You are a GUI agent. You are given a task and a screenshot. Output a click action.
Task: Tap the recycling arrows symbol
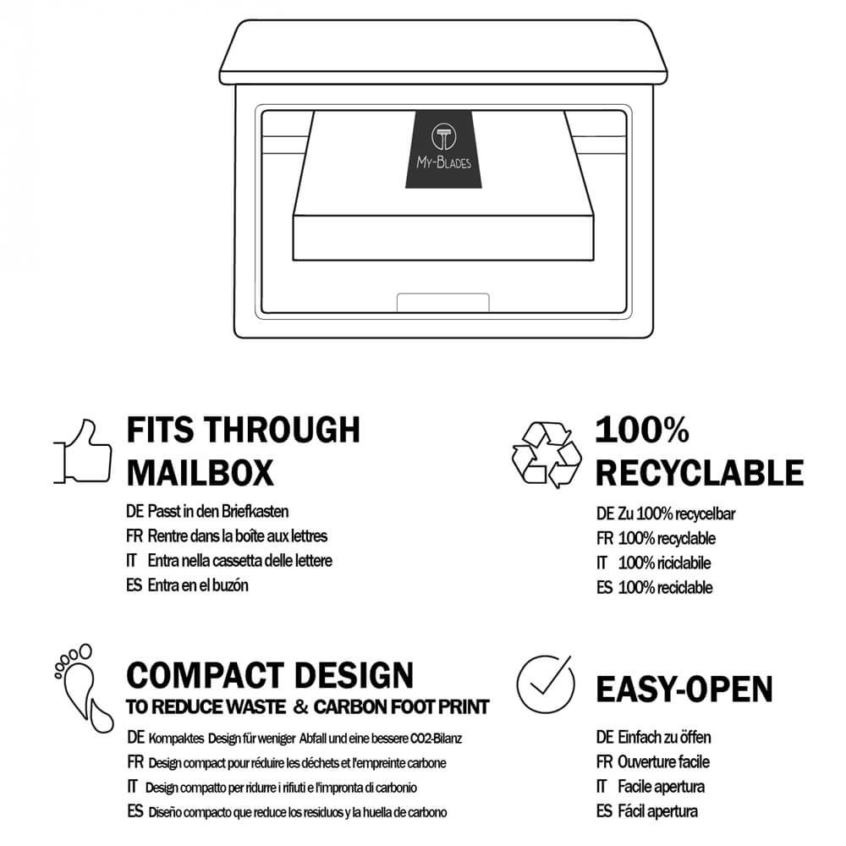tap(546, 454)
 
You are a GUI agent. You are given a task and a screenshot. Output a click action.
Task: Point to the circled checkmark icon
tap(545, 684)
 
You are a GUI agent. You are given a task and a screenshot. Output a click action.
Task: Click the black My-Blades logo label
tap(443, 149)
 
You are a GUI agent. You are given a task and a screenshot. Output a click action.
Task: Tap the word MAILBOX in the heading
tap(201, 473)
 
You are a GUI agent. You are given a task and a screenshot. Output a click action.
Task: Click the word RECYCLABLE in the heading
tap(700, 473)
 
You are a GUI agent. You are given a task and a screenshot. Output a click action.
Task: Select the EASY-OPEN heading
tap(684, 689)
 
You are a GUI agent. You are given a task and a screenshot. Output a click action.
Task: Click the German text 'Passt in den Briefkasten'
tap(218, 511)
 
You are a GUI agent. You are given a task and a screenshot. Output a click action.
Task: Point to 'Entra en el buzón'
tap(198, 585)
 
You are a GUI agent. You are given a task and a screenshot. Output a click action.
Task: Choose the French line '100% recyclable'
tap(667, 538)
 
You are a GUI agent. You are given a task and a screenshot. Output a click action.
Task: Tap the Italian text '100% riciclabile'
tap(664, 563)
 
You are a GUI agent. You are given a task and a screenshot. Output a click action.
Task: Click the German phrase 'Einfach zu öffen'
tap(664, 737)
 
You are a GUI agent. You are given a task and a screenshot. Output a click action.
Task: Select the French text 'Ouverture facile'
tap(663, 762)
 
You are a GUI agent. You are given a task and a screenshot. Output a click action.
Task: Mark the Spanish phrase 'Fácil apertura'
tap(657, 811)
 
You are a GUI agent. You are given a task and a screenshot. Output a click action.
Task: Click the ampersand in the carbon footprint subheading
tap(300, 706)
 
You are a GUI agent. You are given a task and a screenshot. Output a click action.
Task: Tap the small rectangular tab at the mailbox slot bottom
tap(443, 303)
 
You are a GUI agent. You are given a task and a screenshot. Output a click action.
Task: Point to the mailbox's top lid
tap(443, 52)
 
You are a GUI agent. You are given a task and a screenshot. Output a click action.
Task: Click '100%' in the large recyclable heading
tap(642, 430)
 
